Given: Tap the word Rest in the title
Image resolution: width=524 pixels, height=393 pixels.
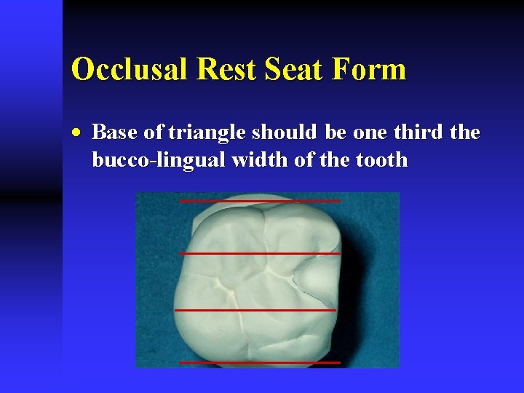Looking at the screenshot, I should (x=217, y=70).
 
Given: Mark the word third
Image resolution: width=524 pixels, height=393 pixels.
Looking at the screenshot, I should (x=413, y=133).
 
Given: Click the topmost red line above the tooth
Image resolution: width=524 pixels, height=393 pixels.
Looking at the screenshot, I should (x=259, y=200).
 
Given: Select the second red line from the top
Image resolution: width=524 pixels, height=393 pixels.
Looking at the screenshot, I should (x=259, y=253).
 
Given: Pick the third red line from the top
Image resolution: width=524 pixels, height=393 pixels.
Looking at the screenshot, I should (x=255, y=310).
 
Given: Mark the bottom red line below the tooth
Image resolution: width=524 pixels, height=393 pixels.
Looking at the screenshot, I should (x=259, y=362).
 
